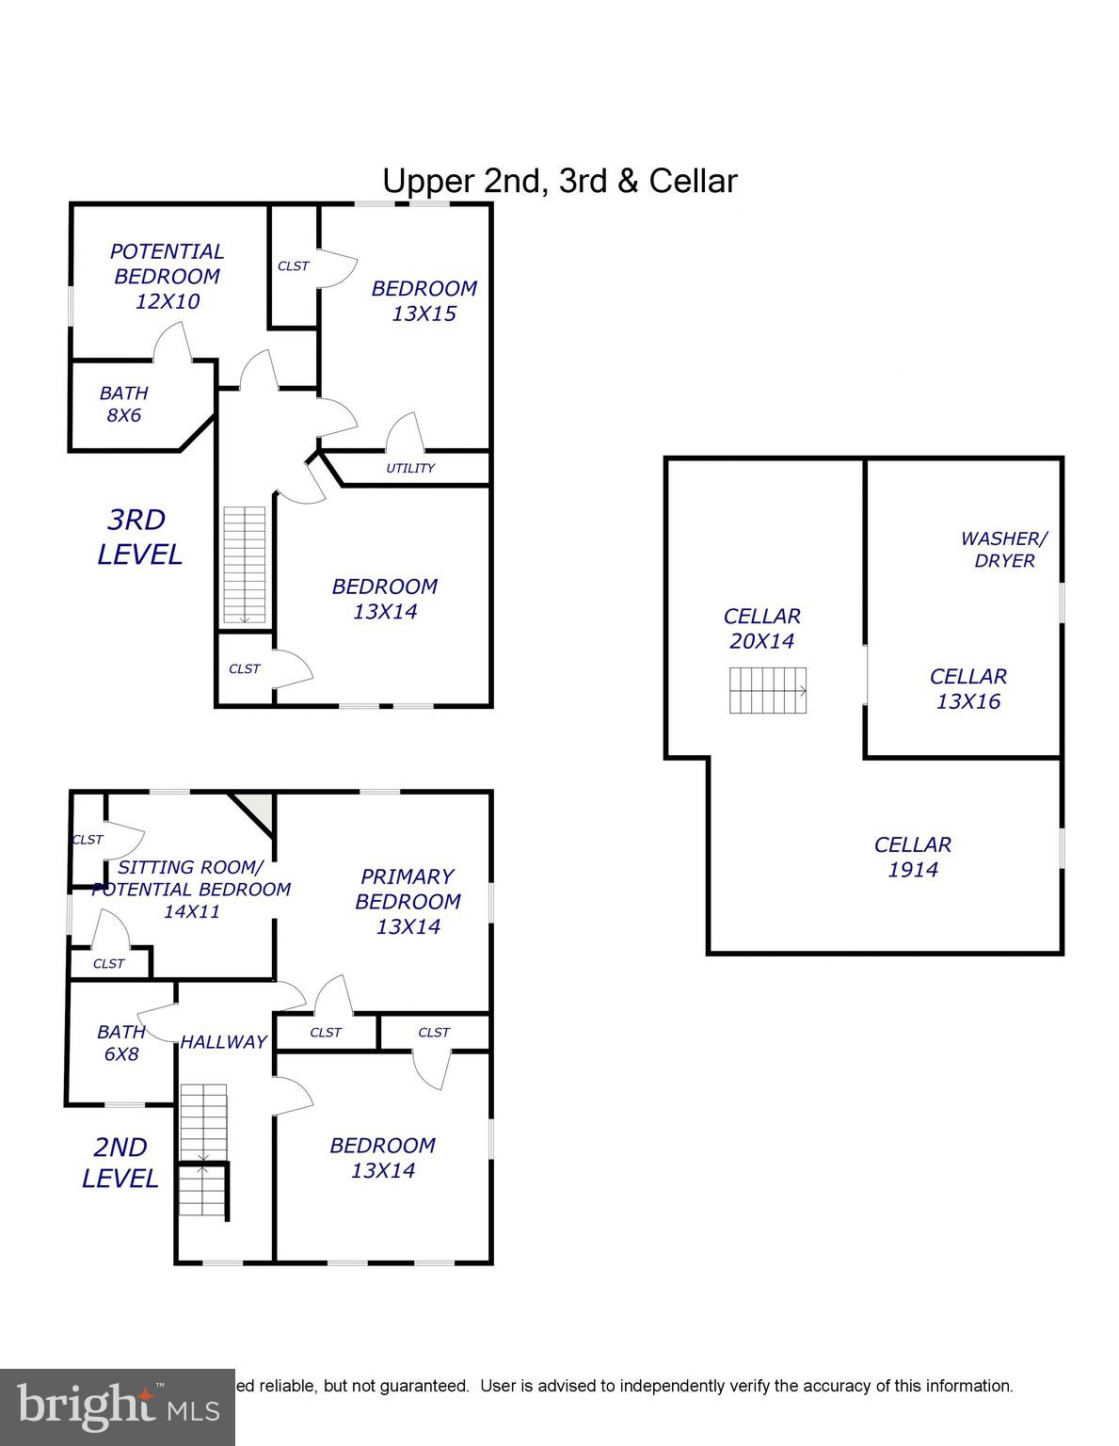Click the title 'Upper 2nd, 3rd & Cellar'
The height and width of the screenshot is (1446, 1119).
click(x=559, y=181)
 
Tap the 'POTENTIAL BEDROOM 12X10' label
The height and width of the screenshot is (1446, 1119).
click(x=167, y=277)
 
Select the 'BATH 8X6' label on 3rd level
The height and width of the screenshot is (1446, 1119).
click(x=123, y=405)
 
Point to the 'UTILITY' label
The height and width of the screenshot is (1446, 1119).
click(x=410, y=469)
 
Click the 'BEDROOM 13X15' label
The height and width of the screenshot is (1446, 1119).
click(x=424, y=301)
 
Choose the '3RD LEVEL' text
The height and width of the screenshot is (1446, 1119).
click(x=139, y=537)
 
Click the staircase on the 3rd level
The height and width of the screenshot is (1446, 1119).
click(x=245, y=565)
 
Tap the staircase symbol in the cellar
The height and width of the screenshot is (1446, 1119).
click(x=768, y=690)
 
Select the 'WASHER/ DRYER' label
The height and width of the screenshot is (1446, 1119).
click(x=1003, y=550)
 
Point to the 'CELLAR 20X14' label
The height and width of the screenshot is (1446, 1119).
click(x=761, y=629)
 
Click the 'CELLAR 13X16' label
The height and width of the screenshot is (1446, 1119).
click(x=967, y=689)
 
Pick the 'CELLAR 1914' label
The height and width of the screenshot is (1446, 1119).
click(x=912, y=857)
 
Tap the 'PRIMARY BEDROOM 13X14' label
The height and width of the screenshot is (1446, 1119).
click(x=408, y=902)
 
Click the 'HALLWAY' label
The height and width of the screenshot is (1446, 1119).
click(x=223, y=1042)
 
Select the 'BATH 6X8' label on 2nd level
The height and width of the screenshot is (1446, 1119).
click(x=120, y=1043)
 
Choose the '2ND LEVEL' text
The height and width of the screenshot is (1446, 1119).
click(x=120, y=1163)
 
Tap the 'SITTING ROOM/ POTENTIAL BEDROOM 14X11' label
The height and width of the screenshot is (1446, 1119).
click(x=191, y=889)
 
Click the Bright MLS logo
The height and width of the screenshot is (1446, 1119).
click(x=117, y=1407)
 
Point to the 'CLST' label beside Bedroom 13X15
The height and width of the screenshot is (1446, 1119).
click(x=293, y=266)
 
